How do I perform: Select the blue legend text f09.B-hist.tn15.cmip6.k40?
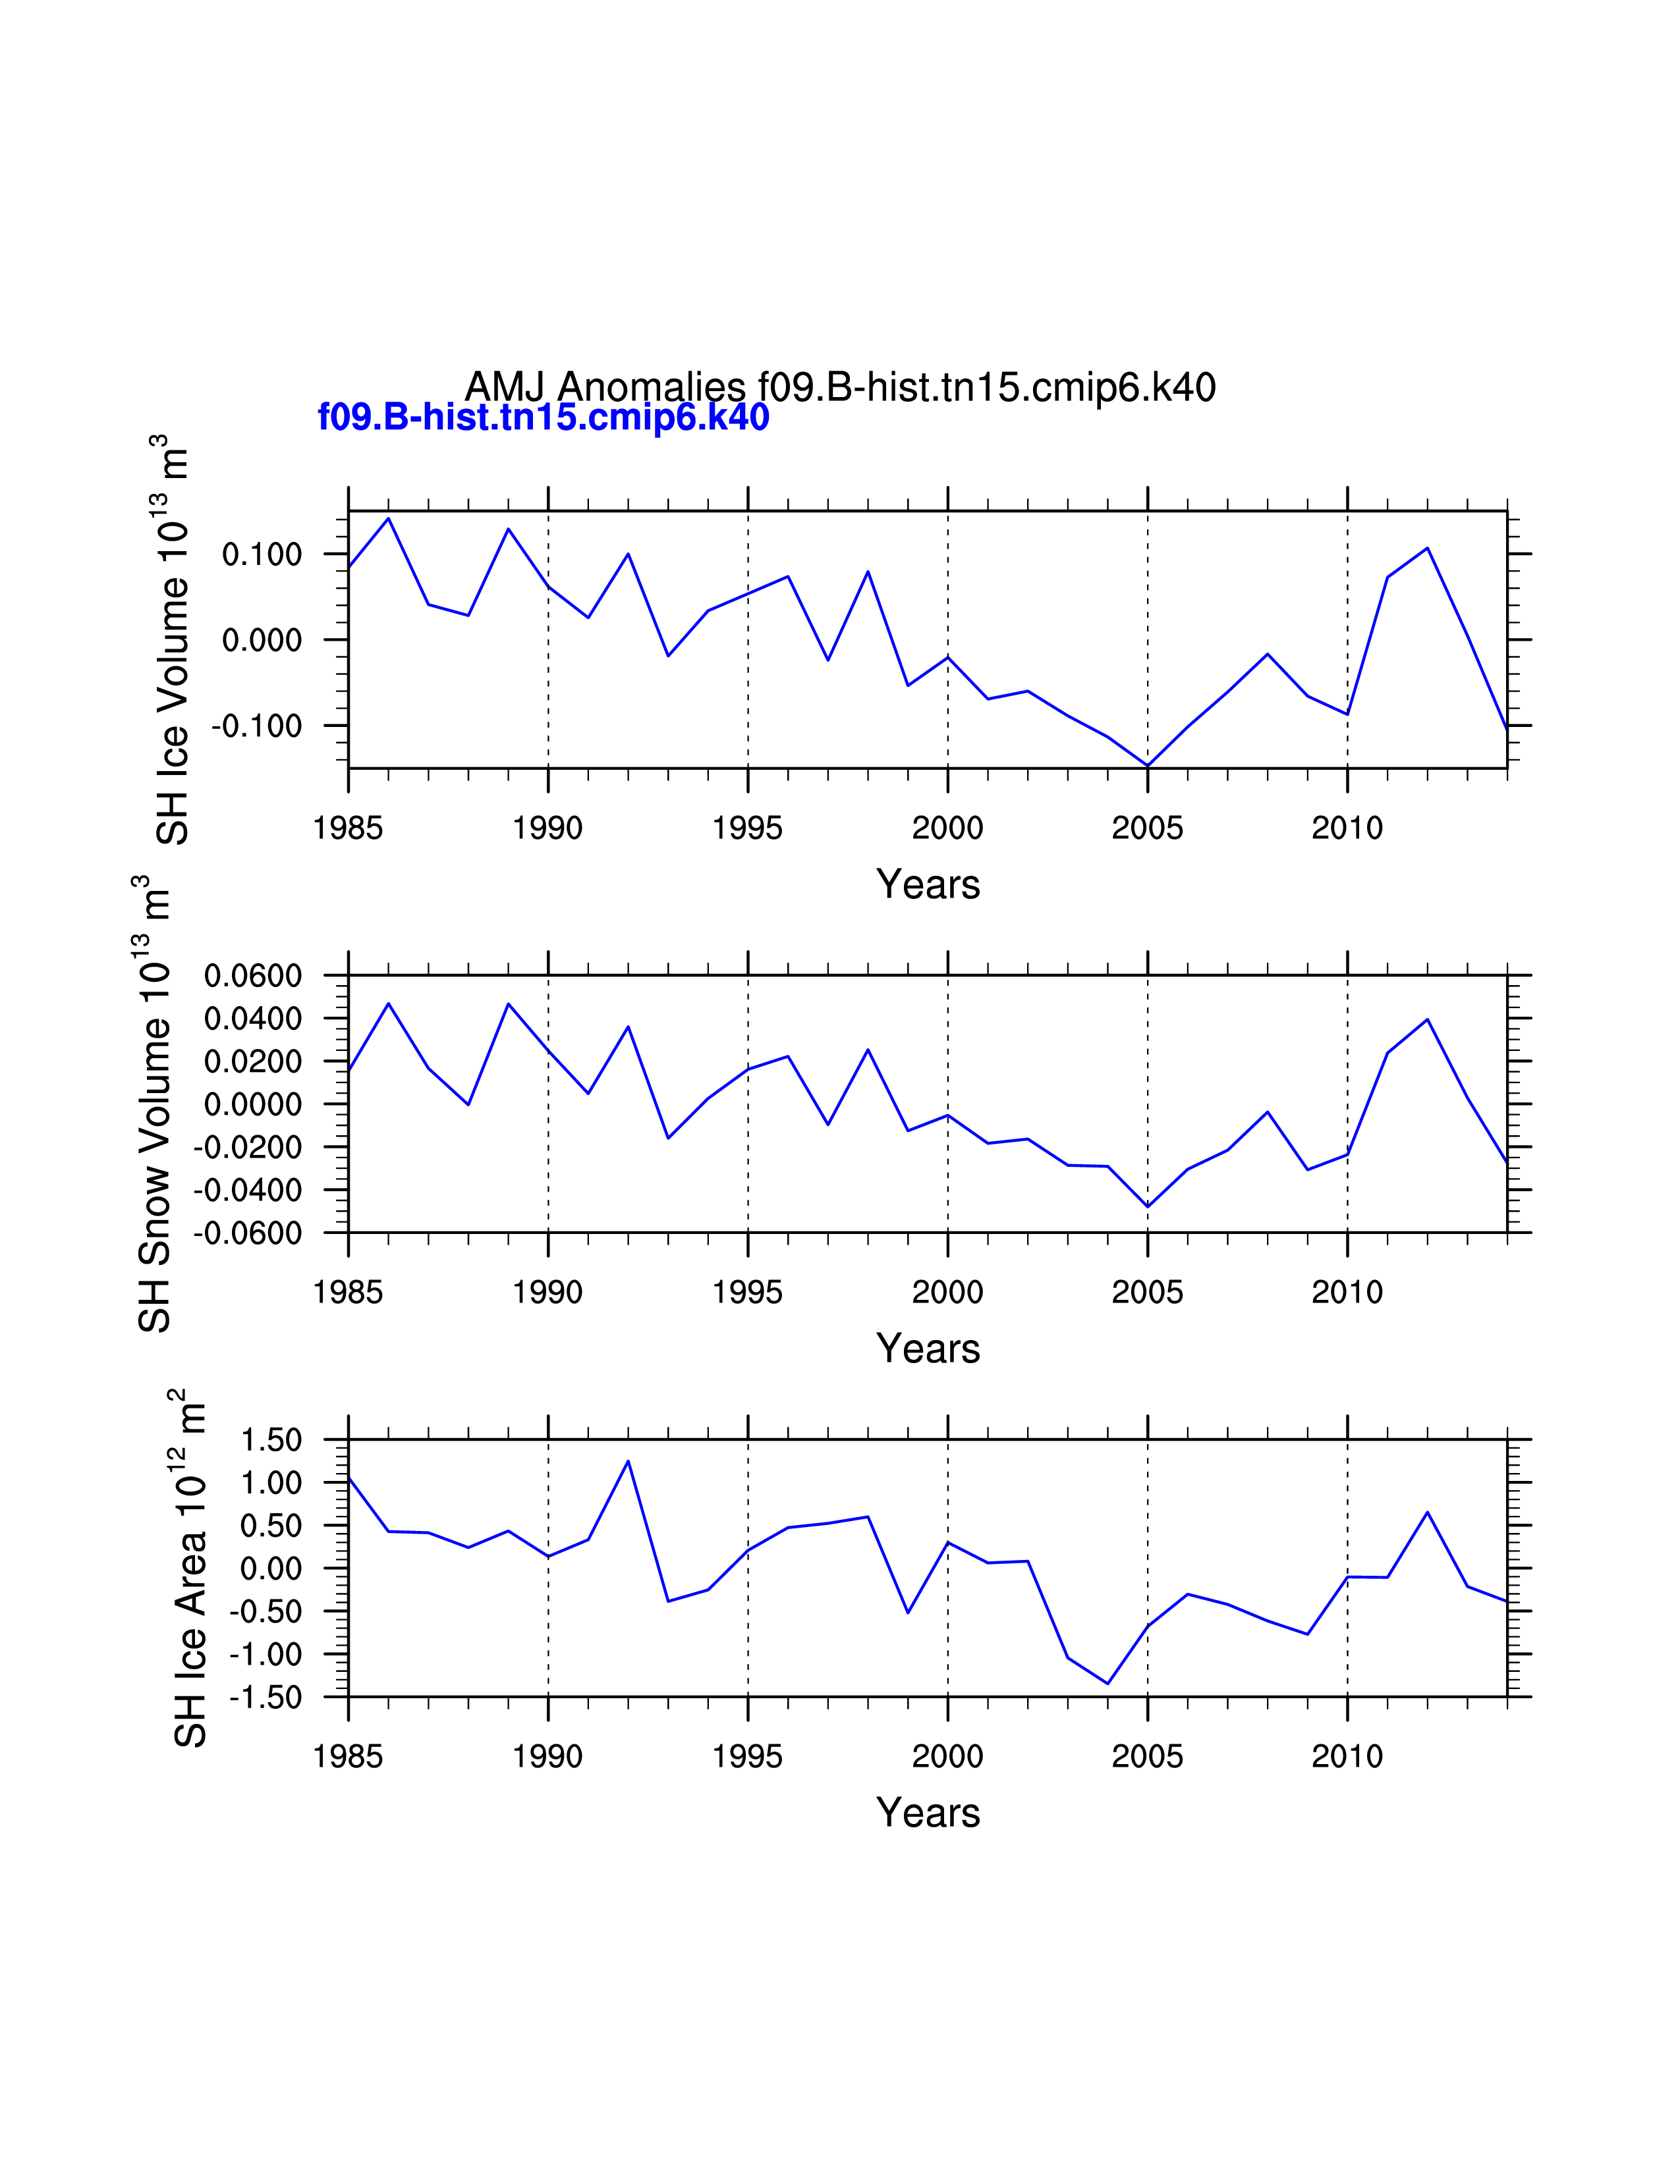point(544,417)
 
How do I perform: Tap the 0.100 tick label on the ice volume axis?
point(262,554)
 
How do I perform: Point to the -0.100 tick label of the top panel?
point(257,726)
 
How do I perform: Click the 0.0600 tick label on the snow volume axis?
point(253,976)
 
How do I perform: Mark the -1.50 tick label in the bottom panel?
point(266,1698)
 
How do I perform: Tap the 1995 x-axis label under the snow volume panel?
point(748,1293)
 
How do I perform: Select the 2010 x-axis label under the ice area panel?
point(1347,1756)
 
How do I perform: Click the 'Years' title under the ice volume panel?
point(928,884)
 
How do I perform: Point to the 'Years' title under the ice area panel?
point(928,1813)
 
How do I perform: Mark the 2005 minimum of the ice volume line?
point(1148,765)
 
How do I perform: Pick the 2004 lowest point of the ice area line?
point(1107,1684)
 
